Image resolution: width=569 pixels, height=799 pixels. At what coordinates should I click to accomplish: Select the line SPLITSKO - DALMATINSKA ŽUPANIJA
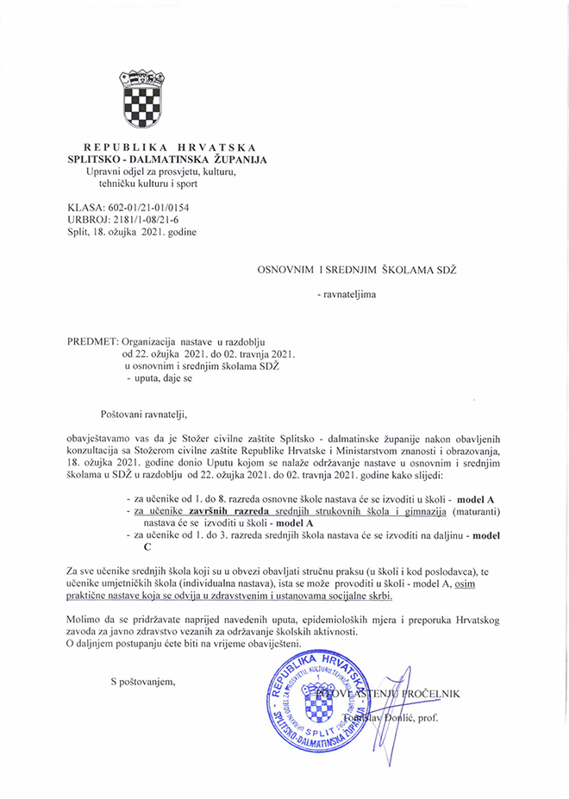pos(168,159)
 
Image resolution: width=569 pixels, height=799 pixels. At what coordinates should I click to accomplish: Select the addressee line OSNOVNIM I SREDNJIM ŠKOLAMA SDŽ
pos(356,271)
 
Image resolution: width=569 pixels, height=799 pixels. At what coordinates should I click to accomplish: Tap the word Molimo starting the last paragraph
pos(85,620)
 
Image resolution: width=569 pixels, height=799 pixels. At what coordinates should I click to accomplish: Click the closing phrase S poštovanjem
pos(142,683)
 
